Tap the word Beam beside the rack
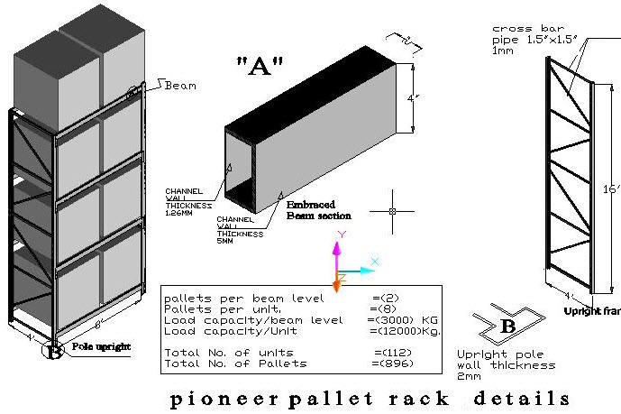coord(179,86)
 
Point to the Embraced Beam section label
coord(318,210)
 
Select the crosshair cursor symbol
coord(392,211)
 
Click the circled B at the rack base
coord(54,351)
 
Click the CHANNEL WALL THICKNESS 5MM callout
coord(240,226)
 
